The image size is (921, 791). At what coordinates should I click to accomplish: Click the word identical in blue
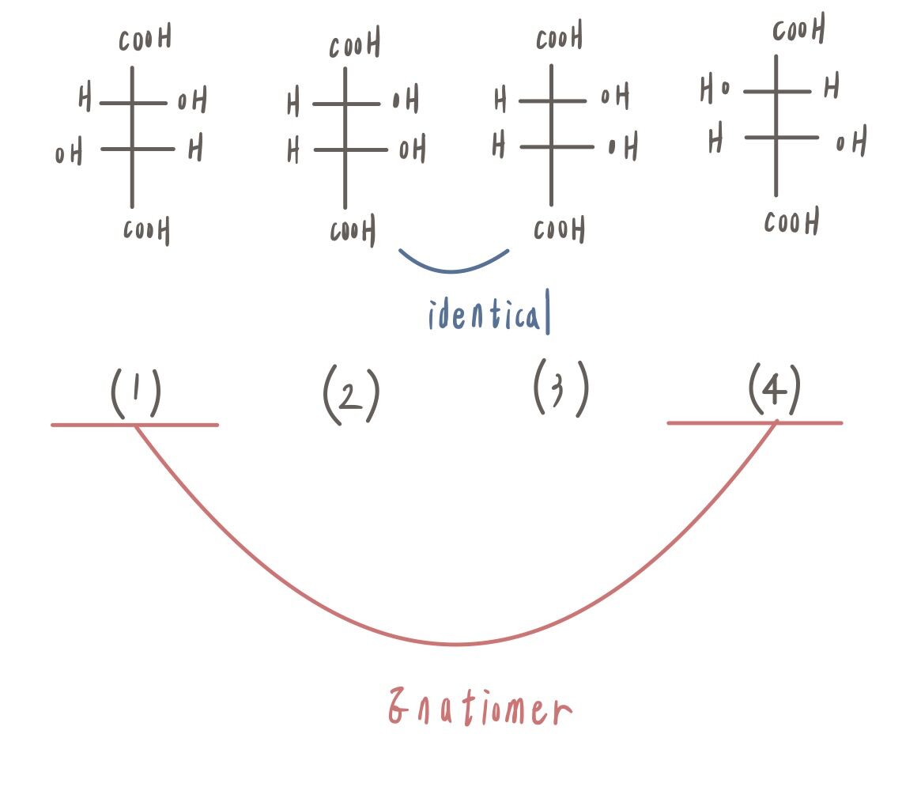click(489, 312)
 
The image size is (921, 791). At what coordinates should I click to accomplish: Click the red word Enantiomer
click(480, 706)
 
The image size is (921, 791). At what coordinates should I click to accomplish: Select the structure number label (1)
click(136, 392)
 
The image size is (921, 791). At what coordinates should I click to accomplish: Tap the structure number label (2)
click(351, 394)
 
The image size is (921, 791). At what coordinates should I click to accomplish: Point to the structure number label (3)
click(561, 388)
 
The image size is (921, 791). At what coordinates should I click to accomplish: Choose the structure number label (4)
click(774, 389)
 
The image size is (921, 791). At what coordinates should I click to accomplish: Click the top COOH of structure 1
click(145, 38)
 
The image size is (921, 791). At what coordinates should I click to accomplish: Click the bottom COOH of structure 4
click(792, 222)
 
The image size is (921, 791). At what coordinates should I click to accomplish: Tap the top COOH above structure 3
click(559, 36)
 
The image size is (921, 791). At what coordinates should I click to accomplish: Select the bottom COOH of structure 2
click(353, 230)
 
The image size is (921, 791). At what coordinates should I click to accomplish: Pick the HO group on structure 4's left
click(715, 90)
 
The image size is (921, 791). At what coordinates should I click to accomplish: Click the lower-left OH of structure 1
click(69, 152)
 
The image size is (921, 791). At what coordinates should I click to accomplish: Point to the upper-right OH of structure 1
click(192, 100)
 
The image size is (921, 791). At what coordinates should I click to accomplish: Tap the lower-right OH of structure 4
click(851, 141)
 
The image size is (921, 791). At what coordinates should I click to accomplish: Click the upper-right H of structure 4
click(831, 86)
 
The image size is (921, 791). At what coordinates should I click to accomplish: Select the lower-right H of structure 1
click(195, 147)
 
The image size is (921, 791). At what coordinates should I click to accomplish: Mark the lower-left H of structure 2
click(293, 149)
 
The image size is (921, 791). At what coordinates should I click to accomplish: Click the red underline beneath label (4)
click(755, 422)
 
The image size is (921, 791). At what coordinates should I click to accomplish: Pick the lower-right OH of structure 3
click(623, 146)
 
